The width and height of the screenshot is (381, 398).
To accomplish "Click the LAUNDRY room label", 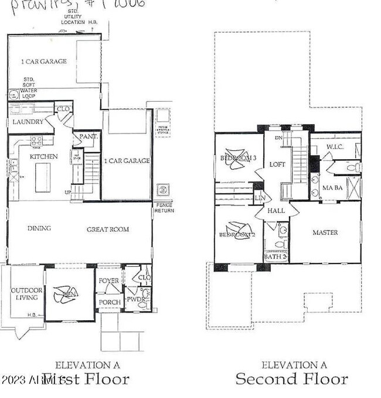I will coord(28,122).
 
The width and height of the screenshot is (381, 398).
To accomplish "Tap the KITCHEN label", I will coord(44,156).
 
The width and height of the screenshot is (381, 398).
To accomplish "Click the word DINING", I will coord(39,228).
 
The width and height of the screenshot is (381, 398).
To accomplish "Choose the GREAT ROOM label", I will coord(108,229).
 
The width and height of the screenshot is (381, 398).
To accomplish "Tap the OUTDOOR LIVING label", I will coord(24,294).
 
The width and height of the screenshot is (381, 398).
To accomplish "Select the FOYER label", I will coord(108,281).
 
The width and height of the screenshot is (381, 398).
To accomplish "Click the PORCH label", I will coord(110,302).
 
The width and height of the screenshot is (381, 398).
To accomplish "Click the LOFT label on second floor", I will coord(277,164).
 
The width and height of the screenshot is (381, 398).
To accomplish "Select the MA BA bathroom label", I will coord(332,187).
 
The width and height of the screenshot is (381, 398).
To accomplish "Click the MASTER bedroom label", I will coord(325,232).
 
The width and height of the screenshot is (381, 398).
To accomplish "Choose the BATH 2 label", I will coord(274,256).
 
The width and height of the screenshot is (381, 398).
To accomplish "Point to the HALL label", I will coord(275,211).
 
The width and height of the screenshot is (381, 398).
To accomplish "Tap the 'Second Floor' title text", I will coord(291,379).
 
